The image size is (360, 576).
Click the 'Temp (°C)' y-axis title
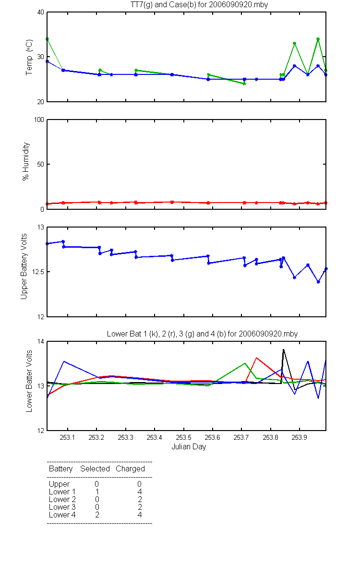(29, 58)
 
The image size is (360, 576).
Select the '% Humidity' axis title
(26, 161)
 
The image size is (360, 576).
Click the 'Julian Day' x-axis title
(189, 447)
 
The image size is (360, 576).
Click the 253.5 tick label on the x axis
(183, 438)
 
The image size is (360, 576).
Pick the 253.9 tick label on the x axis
(300, 438)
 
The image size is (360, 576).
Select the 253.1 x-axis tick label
(67, 438)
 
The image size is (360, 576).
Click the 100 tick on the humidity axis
(38, 120)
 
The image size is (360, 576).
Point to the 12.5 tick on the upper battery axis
(36, 272)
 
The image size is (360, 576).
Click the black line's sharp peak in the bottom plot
(283, 349)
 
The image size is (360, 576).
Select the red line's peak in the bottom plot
(257, 358)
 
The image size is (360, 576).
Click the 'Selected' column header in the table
(95, 469)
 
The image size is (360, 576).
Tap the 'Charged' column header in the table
(130, 469)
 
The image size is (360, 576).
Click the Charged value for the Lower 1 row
(139, 492)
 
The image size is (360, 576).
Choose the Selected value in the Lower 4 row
(96, 515)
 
